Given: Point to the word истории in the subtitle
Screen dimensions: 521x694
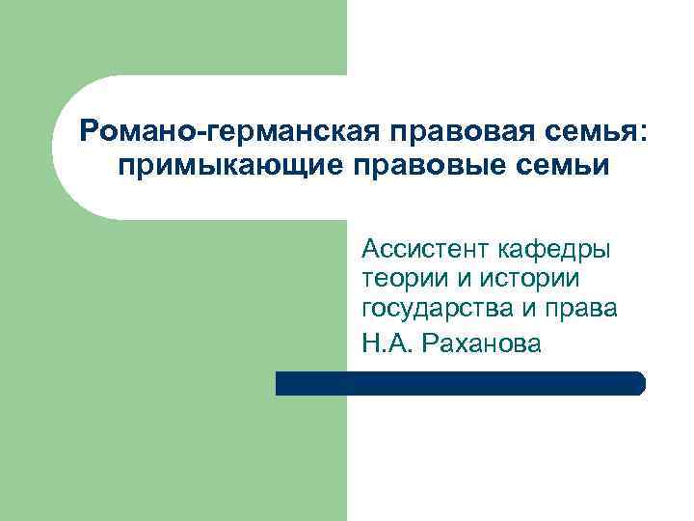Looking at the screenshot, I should tap(536, 280).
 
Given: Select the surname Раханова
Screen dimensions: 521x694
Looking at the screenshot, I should tap(480, 342).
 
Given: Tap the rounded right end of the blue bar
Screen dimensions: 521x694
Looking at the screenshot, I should tap(639, 384).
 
